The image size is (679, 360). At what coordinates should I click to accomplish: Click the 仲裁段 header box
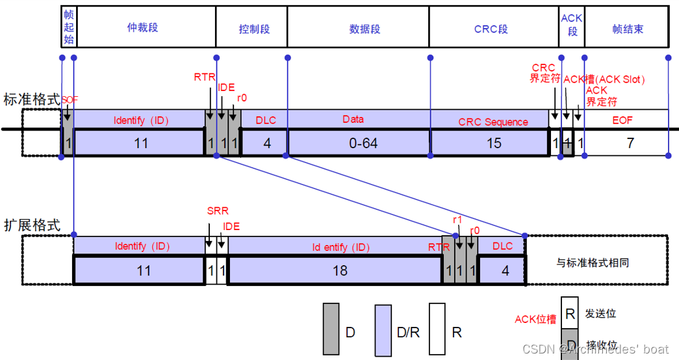point(143,28)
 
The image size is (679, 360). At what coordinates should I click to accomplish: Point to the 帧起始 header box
point(68,28)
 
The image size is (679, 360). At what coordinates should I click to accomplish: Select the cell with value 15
point(494,143)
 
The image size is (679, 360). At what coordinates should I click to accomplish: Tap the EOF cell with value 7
point(630,143)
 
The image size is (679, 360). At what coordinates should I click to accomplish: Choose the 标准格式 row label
point(31,99)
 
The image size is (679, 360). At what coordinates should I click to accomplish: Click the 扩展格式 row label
point(31,225)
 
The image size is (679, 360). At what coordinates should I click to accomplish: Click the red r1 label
point(457,220)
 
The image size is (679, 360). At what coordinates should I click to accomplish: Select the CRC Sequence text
point(493,122)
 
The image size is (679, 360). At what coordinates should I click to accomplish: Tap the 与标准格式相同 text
point(592,263)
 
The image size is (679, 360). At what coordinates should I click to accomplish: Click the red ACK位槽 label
point(535,319)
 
